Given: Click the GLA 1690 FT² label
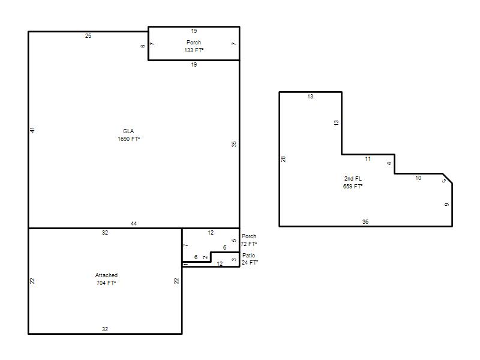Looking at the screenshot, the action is point(129,135).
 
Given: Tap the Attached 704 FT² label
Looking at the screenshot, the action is point(106,279).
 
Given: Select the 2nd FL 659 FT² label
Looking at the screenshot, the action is point(353,182).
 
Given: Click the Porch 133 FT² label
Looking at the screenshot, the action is point(194,46).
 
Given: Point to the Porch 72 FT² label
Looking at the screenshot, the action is point(249,240).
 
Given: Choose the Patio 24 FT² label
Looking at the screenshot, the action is point(250,259).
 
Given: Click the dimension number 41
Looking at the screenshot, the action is point(32,130).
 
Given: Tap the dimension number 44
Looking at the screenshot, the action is point(134,223).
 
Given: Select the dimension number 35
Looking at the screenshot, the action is point(234,144).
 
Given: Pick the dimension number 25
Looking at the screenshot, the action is point(88,36).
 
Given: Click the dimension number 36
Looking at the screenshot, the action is point(365,221).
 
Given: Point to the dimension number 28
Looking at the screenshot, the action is point(283,159).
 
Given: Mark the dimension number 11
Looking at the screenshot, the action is point(368,159).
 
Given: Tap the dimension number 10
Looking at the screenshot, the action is point(418,178).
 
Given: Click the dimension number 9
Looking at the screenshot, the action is point(446,205).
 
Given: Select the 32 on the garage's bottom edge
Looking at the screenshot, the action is point(105,329).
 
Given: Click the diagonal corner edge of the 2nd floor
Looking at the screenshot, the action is point(448,178).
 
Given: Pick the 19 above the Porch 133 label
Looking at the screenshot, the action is point(194,31).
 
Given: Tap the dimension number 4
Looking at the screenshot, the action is point(389,163).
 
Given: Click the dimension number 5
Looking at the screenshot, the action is point(234,241).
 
